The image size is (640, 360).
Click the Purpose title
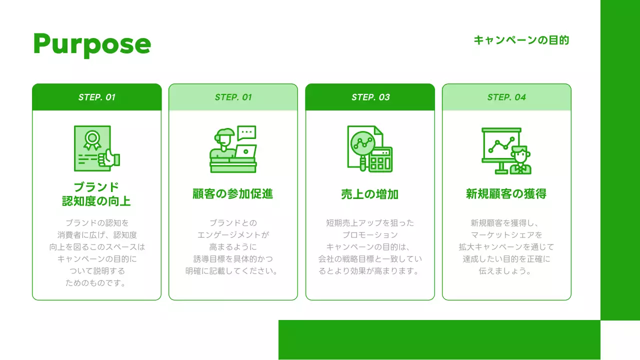coord(91,44)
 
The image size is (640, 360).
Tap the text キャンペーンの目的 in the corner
coord(521,40)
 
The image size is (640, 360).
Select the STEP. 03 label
coord(370,97)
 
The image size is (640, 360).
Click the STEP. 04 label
coord(506,97)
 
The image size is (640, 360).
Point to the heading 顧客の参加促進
coord(233,193)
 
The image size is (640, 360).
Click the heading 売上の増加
coord(370,194)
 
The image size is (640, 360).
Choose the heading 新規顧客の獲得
coord(506,193)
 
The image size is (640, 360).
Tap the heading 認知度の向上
coord(96,201)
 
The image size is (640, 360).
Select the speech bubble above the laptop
coord(246,132)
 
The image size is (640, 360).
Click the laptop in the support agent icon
coord(245,151)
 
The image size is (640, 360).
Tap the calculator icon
coord(380,159)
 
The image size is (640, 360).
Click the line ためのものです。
coord(96,283)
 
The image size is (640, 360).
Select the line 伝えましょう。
coord(506,271)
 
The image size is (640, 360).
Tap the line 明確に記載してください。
coord(233,271)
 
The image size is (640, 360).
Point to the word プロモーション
coord(370,235)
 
